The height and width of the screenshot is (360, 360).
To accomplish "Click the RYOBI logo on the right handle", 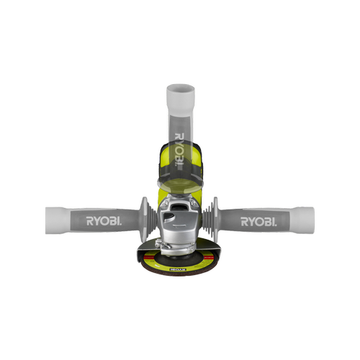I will pyautogui.click(x=258, y=219).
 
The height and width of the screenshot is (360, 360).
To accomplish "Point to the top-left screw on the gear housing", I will pyautogui.click(x=165, y=204).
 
